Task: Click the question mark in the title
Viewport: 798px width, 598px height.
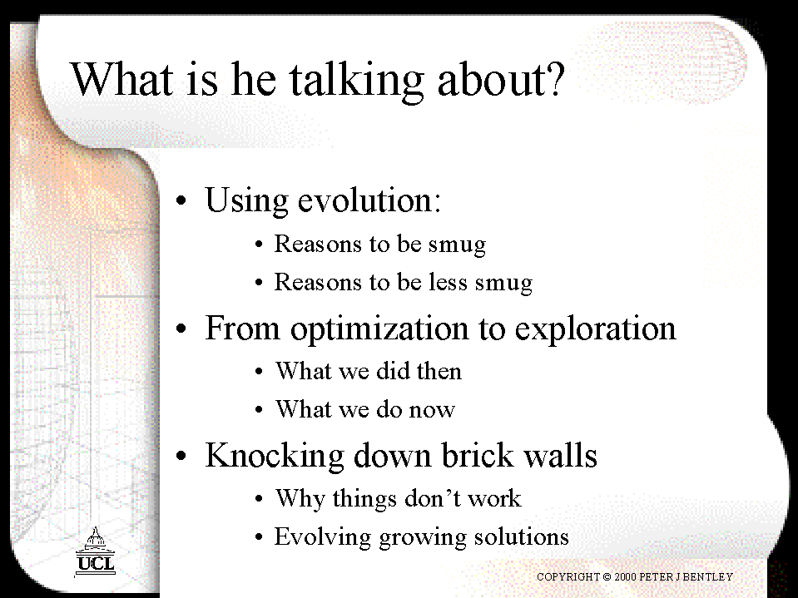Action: (553, 79)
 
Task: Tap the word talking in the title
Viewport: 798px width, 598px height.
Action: (356, 82)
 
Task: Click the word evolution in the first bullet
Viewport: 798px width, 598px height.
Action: (369, 200)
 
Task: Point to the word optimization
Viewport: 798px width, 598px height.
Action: (379, 330)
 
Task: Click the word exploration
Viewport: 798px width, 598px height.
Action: (595, 330)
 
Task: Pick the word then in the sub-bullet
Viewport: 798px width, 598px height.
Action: (439, 371)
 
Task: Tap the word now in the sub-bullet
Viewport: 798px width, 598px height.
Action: (432, 410)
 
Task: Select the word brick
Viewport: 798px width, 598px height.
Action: (477, 455)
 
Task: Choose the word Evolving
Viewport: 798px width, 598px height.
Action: (323, 537)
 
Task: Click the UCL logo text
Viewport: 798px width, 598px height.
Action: (96, 564)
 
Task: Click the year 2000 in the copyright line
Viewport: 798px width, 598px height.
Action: (625, 576)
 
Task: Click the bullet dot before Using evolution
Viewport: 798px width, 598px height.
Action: (181, 200)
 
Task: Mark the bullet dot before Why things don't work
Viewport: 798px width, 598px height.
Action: (259, 499)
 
